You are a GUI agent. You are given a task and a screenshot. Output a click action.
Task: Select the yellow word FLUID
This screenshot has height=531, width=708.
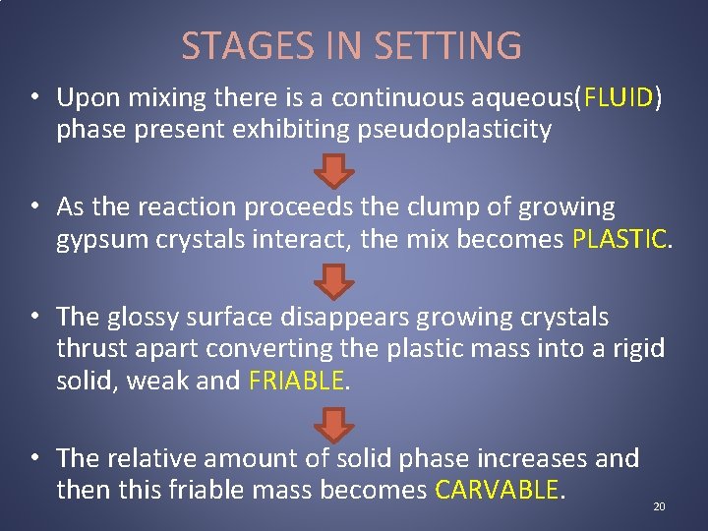619,97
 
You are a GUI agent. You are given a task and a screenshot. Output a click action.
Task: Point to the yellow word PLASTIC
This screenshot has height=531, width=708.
619,237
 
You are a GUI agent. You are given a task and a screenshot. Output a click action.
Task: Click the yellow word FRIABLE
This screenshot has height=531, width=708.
297,381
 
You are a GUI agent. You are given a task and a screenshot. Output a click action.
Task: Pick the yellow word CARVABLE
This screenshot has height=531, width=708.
497,490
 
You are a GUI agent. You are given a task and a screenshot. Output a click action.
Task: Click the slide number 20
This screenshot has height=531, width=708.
659,506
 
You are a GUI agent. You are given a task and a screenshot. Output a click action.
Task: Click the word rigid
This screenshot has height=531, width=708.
640,349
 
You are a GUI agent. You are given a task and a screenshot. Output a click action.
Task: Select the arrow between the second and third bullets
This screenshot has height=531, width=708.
337,281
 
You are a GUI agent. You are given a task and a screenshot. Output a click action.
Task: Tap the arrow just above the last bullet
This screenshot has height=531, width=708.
337,424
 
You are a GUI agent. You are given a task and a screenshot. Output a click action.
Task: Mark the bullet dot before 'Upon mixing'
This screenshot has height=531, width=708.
34,97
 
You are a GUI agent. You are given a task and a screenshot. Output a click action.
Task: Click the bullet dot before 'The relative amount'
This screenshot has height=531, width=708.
34,458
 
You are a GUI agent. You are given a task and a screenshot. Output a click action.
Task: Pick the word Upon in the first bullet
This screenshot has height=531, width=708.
87,97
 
